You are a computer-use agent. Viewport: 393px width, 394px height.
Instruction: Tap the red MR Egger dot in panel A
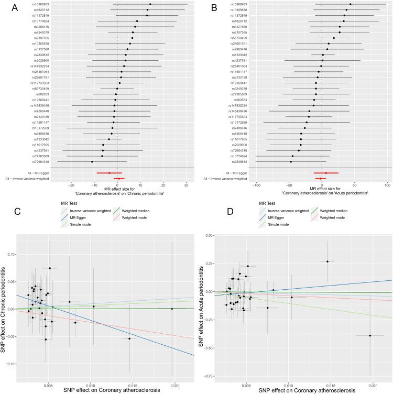[109, 172]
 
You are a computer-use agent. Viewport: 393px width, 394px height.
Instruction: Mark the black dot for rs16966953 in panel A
[150, 4]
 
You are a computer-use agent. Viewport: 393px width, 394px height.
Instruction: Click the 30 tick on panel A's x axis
[186, 185]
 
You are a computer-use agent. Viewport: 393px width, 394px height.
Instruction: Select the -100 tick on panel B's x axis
[256, 185]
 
